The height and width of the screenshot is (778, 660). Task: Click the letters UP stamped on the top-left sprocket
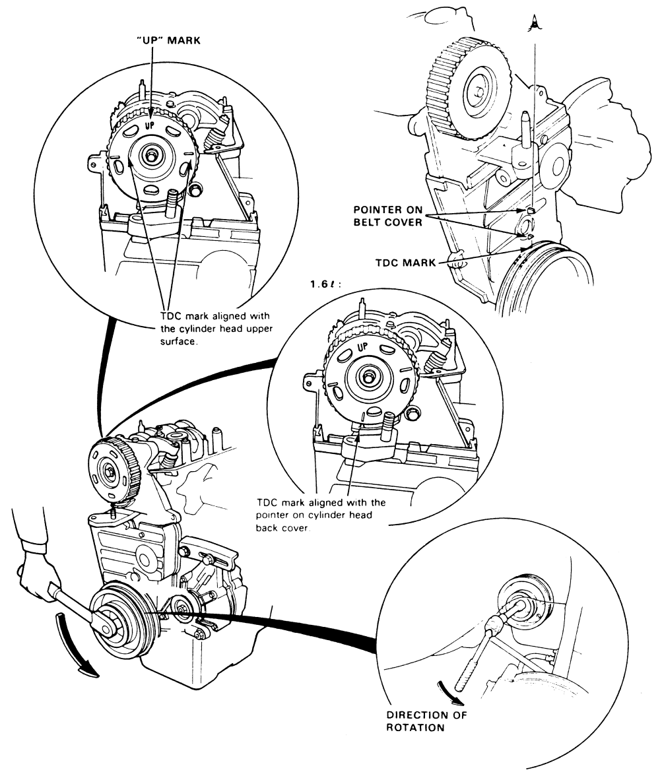coord(151,121)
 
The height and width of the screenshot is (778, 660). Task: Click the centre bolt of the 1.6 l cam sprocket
coord(366,376)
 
